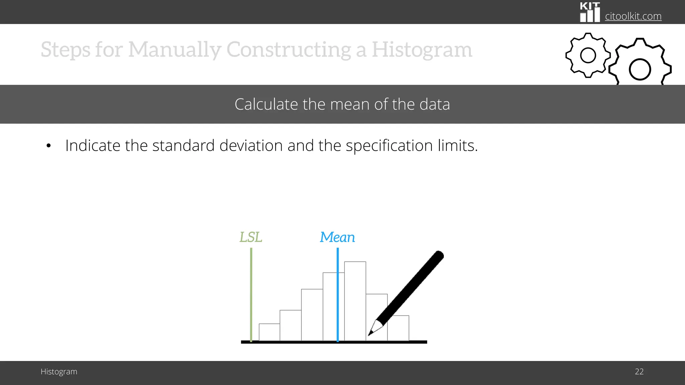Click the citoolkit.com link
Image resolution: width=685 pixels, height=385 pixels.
click(633, 16)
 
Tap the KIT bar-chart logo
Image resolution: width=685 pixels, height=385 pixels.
click(590, 12)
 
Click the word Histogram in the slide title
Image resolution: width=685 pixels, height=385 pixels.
click(422, 49)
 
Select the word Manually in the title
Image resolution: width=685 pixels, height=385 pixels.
click(174, 49)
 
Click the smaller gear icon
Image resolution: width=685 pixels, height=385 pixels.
click(588, 55)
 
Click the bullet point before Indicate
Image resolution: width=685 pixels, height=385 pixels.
click(49, 146)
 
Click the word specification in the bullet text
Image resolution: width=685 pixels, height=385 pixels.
click(389, 146)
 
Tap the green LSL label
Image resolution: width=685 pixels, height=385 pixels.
click(251, 237)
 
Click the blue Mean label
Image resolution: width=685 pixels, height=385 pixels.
click(337, 237)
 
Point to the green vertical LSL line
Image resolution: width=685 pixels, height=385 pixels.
click(251, 294)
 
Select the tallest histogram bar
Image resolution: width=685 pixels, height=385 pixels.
click(355, 301)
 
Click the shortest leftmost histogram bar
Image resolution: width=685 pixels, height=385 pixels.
click(269, 332)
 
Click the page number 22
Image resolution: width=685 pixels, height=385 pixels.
click(639, 372)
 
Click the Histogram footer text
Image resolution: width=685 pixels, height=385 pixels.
click(59, 372)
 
